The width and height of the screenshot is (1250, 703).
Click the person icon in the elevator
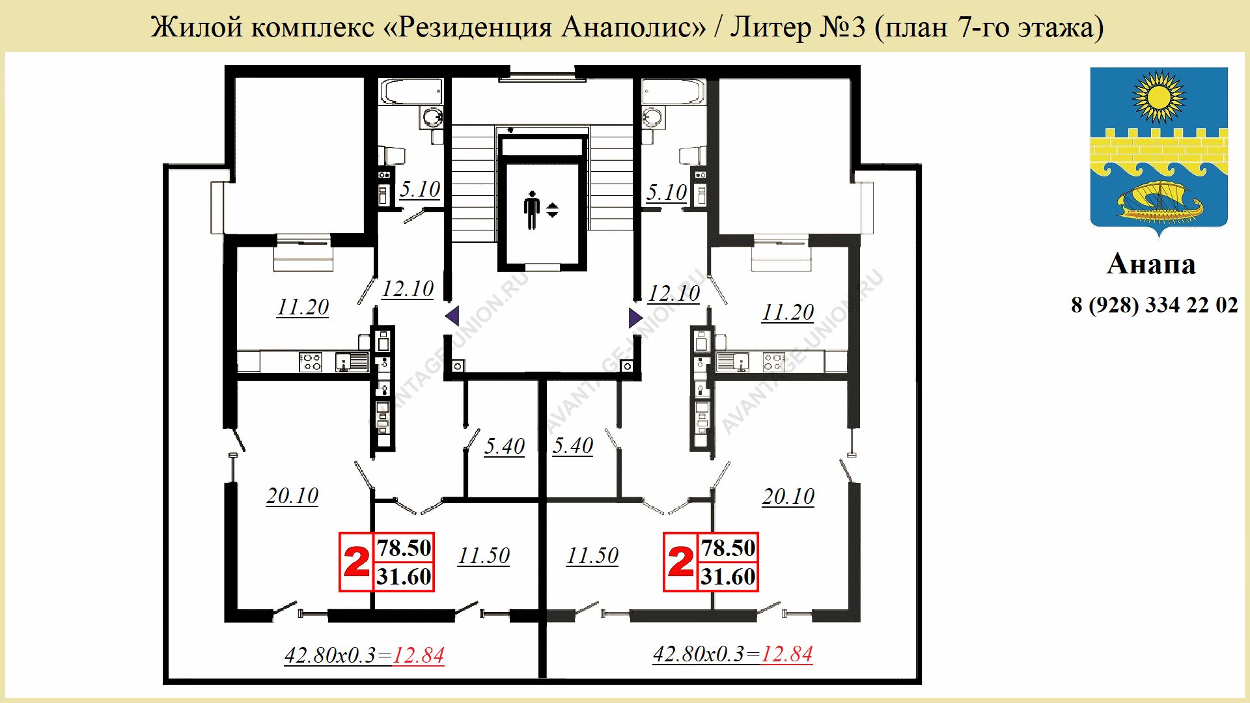tap(532, 210)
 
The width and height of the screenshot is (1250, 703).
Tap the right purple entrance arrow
tap(635, 318)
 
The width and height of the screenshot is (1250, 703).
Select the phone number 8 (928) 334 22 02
tap(1154, 305)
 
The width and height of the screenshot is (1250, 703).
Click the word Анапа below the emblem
tap(1151, 264)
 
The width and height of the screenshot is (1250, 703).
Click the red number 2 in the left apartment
tap(356, 562)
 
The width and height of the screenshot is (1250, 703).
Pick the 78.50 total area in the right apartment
tap(728, 547)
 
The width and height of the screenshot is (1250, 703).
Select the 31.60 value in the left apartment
tap(404, 577)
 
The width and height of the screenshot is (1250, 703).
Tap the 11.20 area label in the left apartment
tap(303, 307)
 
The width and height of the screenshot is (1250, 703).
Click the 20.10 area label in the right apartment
tap(788, 496)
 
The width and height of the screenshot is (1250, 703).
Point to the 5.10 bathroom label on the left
tap(420, 189)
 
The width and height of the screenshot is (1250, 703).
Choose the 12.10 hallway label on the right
tap(674, 293)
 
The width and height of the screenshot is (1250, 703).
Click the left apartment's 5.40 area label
tap(505, 446)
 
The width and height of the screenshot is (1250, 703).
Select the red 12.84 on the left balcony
tap(419, 655)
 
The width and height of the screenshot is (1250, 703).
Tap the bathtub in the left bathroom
tap(411, 92)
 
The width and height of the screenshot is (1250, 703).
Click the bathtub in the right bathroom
tap(673, 92)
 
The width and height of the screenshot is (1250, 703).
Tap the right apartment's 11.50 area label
tap(592, 555)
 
